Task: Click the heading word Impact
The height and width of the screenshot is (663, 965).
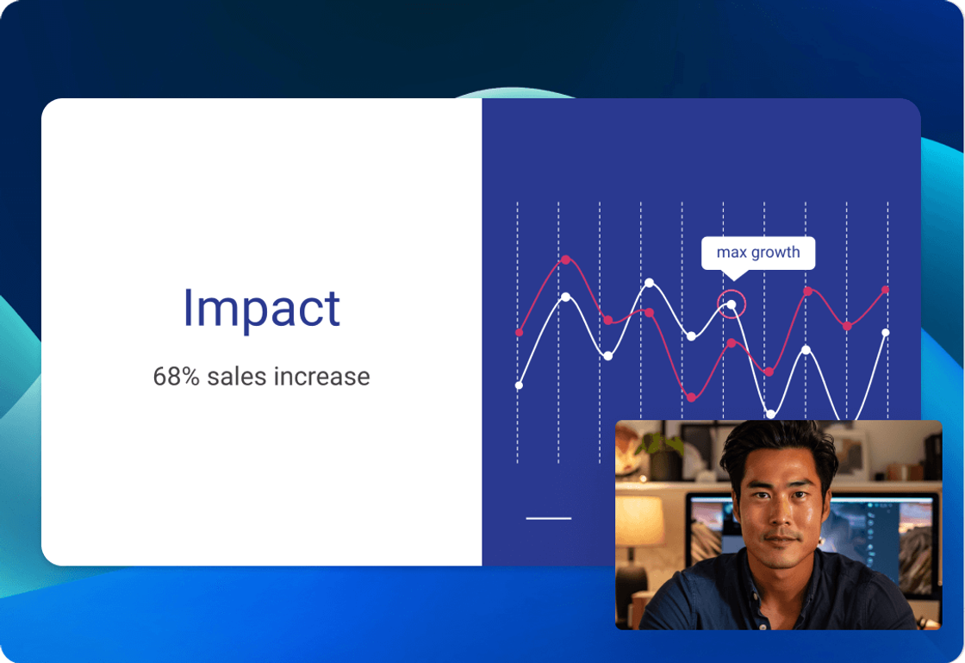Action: click(x=262, y=308)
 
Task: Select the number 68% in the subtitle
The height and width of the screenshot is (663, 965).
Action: click(x=176, y=376)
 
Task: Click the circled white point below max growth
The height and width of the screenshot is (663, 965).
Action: click(x=732, y=304)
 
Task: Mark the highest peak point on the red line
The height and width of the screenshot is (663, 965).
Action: click(x=565, y=260)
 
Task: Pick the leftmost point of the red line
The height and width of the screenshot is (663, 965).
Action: click(x=519, y=333)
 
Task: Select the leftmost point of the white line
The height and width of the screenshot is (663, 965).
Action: click(x=519, y=385)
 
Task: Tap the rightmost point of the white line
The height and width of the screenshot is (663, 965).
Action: click(x=886, y=333)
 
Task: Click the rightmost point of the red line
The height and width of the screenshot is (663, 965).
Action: click(x=886, y=290)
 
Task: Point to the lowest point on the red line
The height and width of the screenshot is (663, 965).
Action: click(x=691, y=397)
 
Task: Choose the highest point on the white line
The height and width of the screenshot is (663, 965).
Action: click(x=650, y=283)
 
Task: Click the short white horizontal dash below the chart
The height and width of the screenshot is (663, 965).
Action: click(x=548, y=518)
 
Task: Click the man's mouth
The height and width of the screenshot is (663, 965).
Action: click(x=781, y=541)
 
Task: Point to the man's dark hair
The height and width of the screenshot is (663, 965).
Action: click(x=779, y=443)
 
